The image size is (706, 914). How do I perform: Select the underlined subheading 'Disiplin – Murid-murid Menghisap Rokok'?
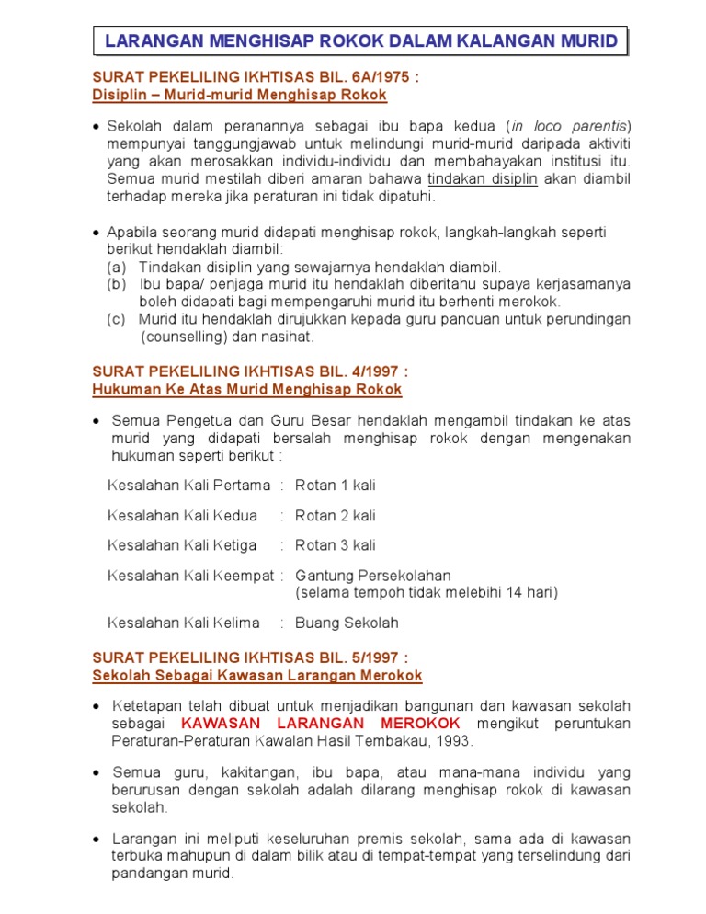click(240, 95)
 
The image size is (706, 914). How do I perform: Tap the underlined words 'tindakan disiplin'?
click(483, 178)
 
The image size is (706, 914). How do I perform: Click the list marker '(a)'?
click(117, 267)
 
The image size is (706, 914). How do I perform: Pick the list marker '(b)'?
click(117, 284)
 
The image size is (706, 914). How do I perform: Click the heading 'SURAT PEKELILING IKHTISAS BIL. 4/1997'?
click(249, 371)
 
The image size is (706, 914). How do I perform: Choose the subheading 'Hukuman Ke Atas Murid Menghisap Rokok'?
click(247, 389)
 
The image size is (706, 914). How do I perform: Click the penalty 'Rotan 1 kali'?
click(335, 485)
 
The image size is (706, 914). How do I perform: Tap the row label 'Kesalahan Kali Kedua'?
click(182, 515)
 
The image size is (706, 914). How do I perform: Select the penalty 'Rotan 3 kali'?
click(335, 544)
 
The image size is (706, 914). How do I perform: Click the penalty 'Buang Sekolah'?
click(347, 623)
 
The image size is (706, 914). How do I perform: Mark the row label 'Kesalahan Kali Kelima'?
click(184, 623)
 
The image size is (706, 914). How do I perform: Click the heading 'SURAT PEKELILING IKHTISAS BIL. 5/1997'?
click(249, 657)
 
